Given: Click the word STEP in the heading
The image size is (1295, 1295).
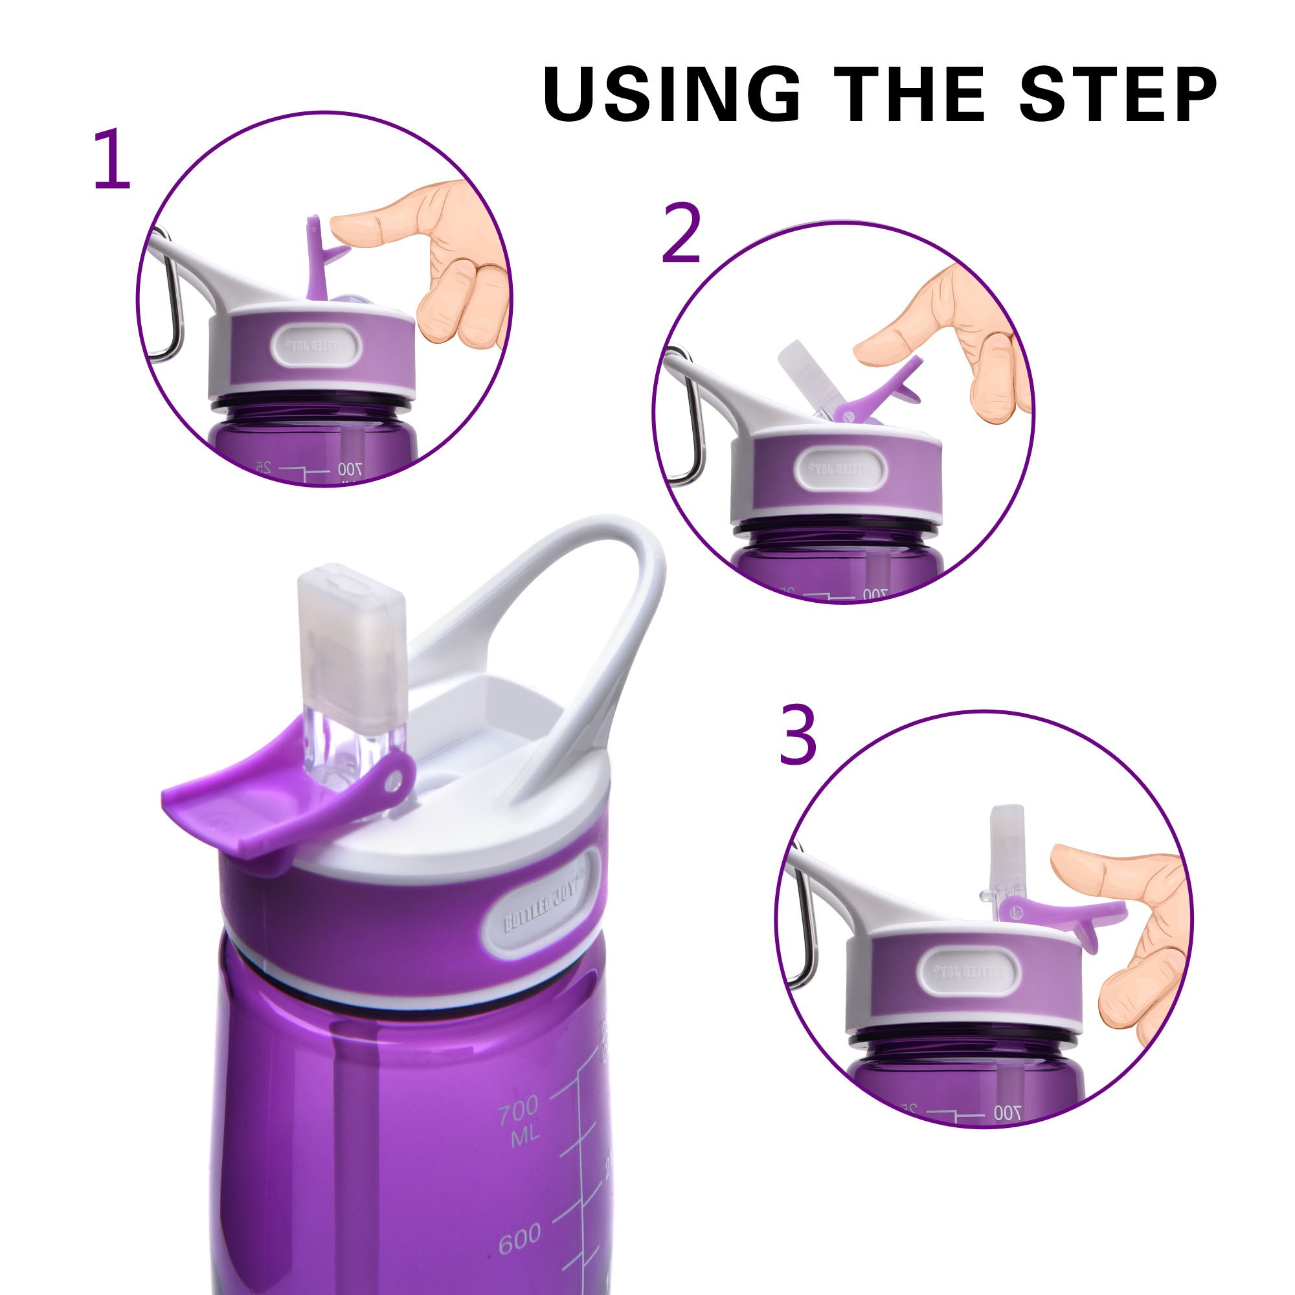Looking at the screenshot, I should point(1118,95).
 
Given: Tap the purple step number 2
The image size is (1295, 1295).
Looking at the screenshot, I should point(681,232).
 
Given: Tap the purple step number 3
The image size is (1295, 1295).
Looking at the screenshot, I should point(798,736).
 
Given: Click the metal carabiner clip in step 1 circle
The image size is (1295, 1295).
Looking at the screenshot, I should point(172,302).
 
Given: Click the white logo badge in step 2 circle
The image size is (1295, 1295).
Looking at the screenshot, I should point(840,469).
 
